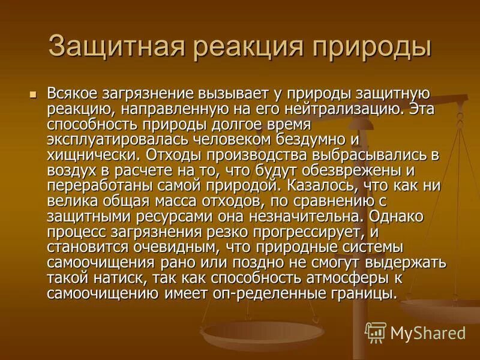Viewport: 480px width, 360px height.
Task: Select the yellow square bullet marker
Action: [34, 95]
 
